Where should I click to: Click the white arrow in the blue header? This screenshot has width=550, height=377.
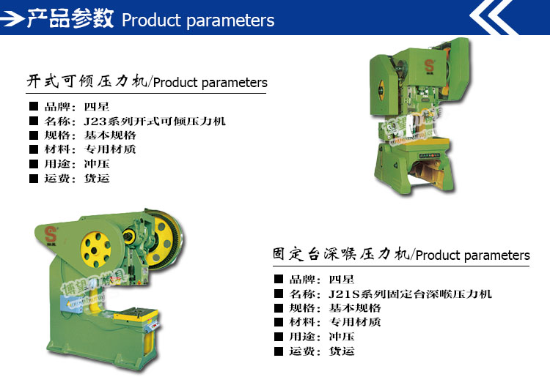(x=13, y=18)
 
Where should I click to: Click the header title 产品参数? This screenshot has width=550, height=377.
(x=70, y=18)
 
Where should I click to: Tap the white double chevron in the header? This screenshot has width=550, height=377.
(x=494, y=17)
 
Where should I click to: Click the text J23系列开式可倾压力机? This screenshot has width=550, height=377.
(x=154, y=122)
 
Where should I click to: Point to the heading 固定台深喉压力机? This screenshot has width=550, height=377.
(x=341, y=254)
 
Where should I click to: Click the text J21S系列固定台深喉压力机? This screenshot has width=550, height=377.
(x=410, y=294)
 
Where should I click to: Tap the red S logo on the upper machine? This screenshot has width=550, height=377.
(x=429, y=66)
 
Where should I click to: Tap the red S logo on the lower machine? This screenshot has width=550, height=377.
(x=51, y=234)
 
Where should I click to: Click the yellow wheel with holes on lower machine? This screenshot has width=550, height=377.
(x=95, y=250)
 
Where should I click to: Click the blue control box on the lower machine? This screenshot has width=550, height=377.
(x=71, y=304)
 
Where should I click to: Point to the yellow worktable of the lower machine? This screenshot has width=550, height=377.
(x=136, y=313)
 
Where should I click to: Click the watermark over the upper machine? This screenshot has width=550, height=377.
(x=411, y=125)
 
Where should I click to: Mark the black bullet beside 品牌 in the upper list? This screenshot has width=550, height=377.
(x=34, y=106)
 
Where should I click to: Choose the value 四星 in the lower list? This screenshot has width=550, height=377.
(x=341, y=280)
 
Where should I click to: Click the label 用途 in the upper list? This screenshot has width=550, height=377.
(x=57, y=164)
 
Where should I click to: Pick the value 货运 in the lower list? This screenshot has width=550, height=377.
(x=341, y=351)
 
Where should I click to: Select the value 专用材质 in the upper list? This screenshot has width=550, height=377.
(x=110, y=149)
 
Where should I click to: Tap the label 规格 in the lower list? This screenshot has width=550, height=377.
(x=302, y=308)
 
